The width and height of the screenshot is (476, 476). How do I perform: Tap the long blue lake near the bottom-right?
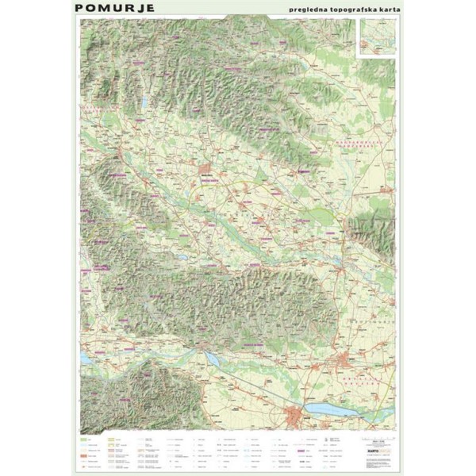tap(332, 409)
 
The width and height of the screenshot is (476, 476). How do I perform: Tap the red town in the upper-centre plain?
tap(209, 168)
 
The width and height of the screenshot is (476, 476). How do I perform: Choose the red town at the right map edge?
tap(384, 190)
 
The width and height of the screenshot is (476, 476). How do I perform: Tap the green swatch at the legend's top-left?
tap(83, 437)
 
